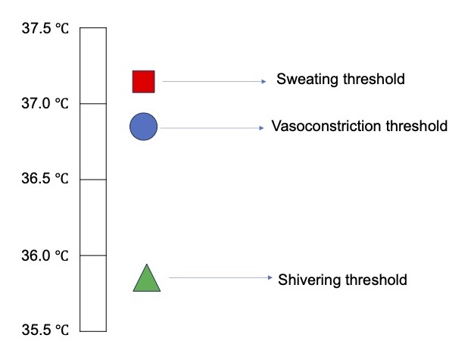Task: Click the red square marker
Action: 144,82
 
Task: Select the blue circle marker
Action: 144,127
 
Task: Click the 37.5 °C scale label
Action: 45,29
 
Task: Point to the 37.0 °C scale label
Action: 45,104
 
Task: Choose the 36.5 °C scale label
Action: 45,178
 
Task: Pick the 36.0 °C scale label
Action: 45,255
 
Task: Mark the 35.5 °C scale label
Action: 45,330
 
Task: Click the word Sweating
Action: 307,80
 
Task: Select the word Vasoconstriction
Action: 326,126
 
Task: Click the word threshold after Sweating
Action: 374,79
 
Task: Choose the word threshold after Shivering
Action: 376,280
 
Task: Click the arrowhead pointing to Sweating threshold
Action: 264,81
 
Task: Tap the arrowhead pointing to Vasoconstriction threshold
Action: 261,128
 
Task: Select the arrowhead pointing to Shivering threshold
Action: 270,277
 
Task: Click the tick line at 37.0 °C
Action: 93,104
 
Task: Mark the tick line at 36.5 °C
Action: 93,180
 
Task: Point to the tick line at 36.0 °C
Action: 93,255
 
